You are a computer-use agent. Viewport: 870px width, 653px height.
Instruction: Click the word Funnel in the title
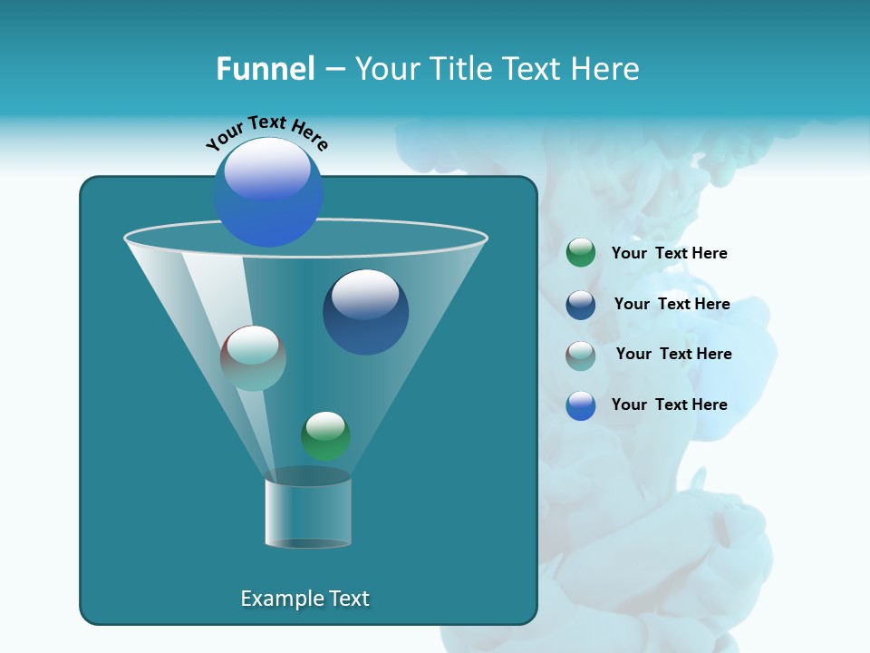click(265, 69)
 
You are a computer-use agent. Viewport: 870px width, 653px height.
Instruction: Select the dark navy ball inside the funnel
click(365, 313)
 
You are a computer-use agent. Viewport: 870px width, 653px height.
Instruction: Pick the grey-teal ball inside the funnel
click(253, 358)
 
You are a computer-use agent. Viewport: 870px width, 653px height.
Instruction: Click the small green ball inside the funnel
click(325, 435)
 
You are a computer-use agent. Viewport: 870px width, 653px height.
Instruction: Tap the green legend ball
click(581, 253)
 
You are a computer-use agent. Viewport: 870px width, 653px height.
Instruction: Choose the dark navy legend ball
click(581, 304)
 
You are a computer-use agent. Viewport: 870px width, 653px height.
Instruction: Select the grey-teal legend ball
click(581, 355)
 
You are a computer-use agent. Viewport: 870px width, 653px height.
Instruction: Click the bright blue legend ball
click(581, 405)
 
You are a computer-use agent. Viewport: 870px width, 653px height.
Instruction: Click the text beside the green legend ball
click(669, 254)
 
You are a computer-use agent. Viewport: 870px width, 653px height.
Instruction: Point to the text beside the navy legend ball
click(672, 305)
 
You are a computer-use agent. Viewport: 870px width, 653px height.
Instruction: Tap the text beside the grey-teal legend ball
click(673, 355)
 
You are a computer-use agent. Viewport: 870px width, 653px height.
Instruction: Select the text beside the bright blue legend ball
click(669, 405)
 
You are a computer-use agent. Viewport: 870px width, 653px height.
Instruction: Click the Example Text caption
click(305, 599)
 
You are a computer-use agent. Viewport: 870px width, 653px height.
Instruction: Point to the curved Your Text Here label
click(266, 132)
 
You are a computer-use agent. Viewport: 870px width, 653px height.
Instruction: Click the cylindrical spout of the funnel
click(307, 512)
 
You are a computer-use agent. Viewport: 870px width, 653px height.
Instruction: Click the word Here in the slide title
click(605, 69)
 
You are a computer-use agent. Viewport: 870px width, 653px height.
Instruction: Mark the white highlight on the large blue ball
click(267, 169)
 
